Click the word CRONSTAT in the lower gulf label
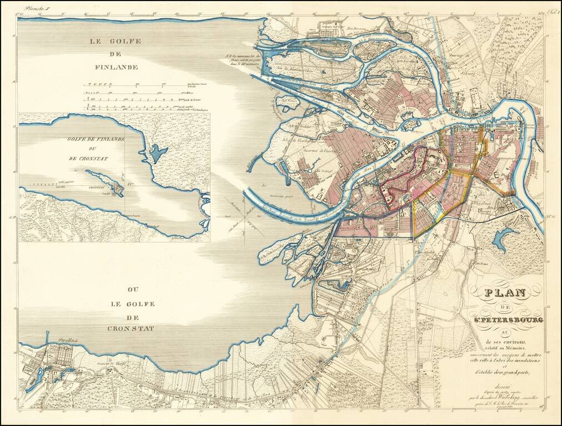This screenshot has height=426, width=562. coord(131,328)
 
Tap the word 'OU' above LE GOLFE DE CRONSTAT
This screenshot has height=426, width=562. coord(132,290)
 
